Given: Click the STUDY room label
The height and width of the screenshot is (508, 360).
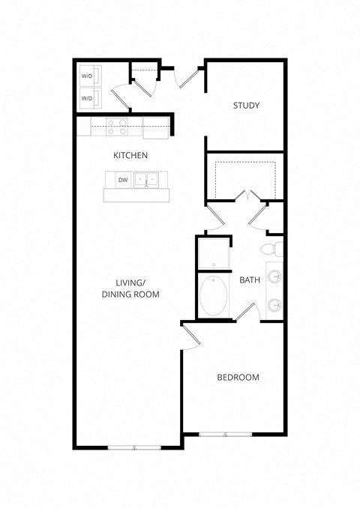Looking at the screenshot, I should tap(246, 106).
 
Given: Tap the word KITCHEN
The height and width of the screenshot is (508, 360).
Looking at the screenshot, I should tap(130, 156).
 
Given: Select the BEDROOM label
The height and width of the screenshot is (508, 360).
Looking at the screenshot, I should tap(238, 377).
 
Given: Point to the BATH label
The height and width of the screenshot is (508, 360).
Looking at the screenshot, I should tap(250, 280).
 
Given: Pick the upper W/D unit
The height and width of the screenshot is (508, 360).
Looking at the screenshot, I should tap(87, 76).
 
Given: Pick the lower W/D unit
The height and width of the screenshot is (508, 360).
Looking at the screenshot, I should tap(87, 98).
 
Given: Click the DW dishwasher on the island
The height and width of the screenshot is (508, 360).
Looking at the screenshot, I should tap(121, 180).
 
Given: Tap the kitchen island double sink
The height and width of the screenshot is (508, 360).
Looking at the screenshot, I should tap(147, 180).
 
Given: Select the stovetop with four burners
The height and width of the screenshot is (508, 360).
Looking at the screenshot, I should tap(117, 127).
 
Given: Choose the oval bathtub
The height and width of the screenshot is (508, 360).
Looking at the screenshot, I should tap(215, 297).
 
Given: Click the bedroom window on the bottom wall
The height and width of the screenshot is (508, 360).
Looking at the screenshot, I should tap(226, 434).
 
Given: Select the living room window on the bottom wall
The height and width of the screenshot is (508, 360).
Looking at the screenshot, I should tap(135, 447).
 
